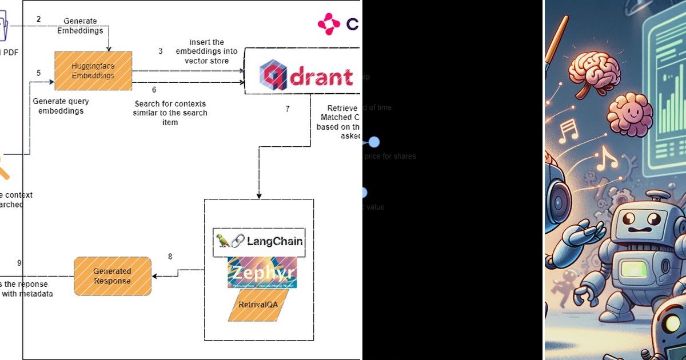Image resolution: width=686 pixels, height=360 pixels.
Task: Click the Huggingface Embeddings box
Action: pyautogui.click(x=93, y=71)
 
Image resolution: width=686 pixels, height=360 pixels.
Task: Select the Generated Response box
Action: pyautogui.click(x=113, y=276)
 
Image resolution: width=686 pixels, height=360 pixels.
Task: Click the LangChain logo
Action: pyautogui.click(x=259, y=241)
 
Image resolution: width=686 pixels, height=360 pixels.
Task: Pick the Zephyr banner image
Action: pyautogui.click(x=262, y=273)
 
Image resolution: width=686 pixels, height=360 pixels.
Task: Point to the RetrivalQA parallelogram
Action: pyautogui.click(x=258, y=305)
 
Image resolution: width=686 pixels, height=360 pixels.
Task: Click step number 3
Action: pyautogui.click(x=161, y=51)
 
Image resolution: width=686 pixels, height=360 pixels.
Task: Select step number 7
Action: pyautogui.click(x=288, y=109)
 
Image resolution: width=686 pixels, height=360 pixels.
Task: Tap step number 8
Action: pyautogui.click(x=170, y=257)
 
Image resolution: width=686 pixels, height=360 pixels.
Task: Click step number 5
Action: pyautogui.click(x=38, y=73)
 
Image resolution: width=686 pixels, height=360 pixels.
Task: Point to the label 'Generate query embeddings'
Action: pyautogui.click(x=61, y=106)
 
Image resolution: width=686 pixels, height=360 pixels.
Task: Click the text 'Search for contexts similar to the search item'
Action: pyautogui.click(x=170, y=113)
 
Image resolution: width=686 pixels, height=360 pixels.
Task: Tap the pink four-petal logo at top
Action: pyautogui.click(x=329, y=24)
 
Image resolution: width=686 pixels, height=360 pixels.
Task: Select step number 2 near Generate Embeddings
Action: pyautogui.click(x=38, y=19)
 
